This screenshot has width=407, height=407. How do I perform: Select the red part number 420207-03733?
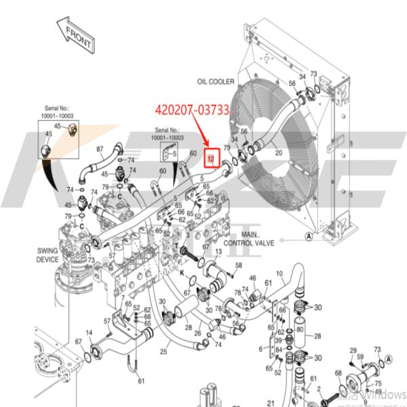(191, 109)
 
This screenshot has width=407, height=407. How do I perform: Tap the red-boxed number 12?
(211, 159)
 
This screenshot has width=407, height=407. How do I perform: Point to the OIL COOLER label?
(216, 81)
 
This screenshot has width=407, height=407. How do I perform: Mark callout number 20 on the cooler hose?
(278, 154)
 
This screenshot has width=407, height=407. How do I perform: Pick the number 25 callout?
(163, 351)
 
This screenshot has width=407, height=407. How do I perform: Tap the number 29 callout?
(353, 350)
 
